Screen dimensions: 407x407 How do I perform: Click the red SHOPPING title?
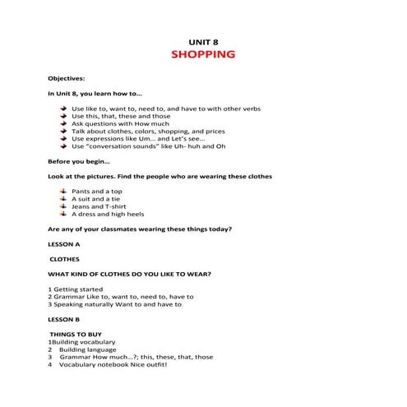[x=203, y=55]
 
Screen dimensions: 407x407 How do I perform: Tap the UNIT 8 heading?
[x=203, y=40]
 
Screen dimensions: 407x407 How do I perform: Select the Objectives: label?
[x=67, y=78]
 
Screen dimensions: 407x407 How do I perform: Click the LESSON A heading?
[x=64, y=244]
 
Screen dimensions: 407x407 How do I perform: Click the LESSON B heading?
[x=64, y=318]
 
